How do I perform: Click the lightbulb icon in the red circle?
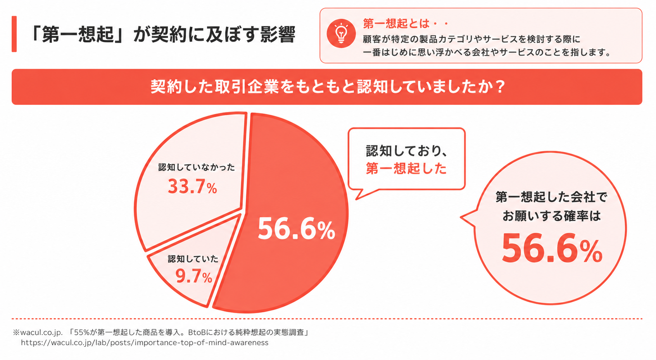[341, 33]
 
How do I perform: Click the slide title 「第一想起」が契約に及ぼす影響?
[163, 34]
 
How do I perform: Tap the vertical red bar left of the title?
[14, 34]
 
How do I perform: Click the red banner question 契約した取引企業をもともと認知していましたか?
[327, 87]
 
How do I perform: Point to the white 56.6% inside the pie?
[296, 229]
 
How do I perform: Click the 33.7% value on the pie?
[192, 187]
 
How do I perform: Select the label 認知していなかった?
[197, 167]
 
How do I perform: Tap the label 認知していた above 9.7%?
[193, 259]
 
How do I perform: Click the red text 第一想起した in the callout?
[406, 169]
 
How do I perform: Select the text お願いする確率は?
[551, 216]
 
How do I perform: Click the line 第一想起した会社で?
[551, 197]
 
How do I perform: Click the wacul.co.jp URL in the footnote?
[145, 343]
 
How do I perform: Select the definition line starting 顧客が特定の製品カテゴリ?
[471, 39]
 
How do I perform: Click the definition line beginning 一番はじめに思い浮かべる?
[487, 52]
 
